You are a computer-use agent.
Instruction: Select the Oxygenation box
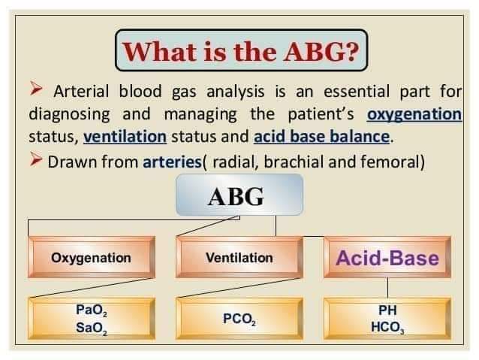click(x=91, y=258)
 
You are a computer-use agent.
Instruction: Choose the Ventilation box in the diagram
click(x=239, y=258)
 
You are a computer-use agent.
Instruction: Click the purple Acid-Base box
click(x=387, y=258)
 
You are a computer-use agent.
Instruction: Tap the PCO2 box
click(x=239, y=319)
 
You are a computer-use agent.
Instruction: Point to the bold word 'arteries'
click(x=172, y=162)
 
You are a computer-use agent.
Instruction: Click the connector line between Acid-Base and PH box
click(x=388, y=287)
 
